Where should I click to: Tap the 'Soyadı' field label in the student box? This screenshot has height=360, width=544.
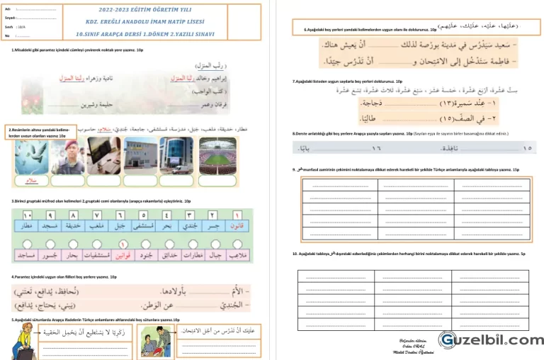pyautogui.click(x=11, y=18)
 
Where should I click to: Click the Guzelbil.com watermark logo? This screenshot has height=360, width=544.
pyautogui.click(x=489, y=340)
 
